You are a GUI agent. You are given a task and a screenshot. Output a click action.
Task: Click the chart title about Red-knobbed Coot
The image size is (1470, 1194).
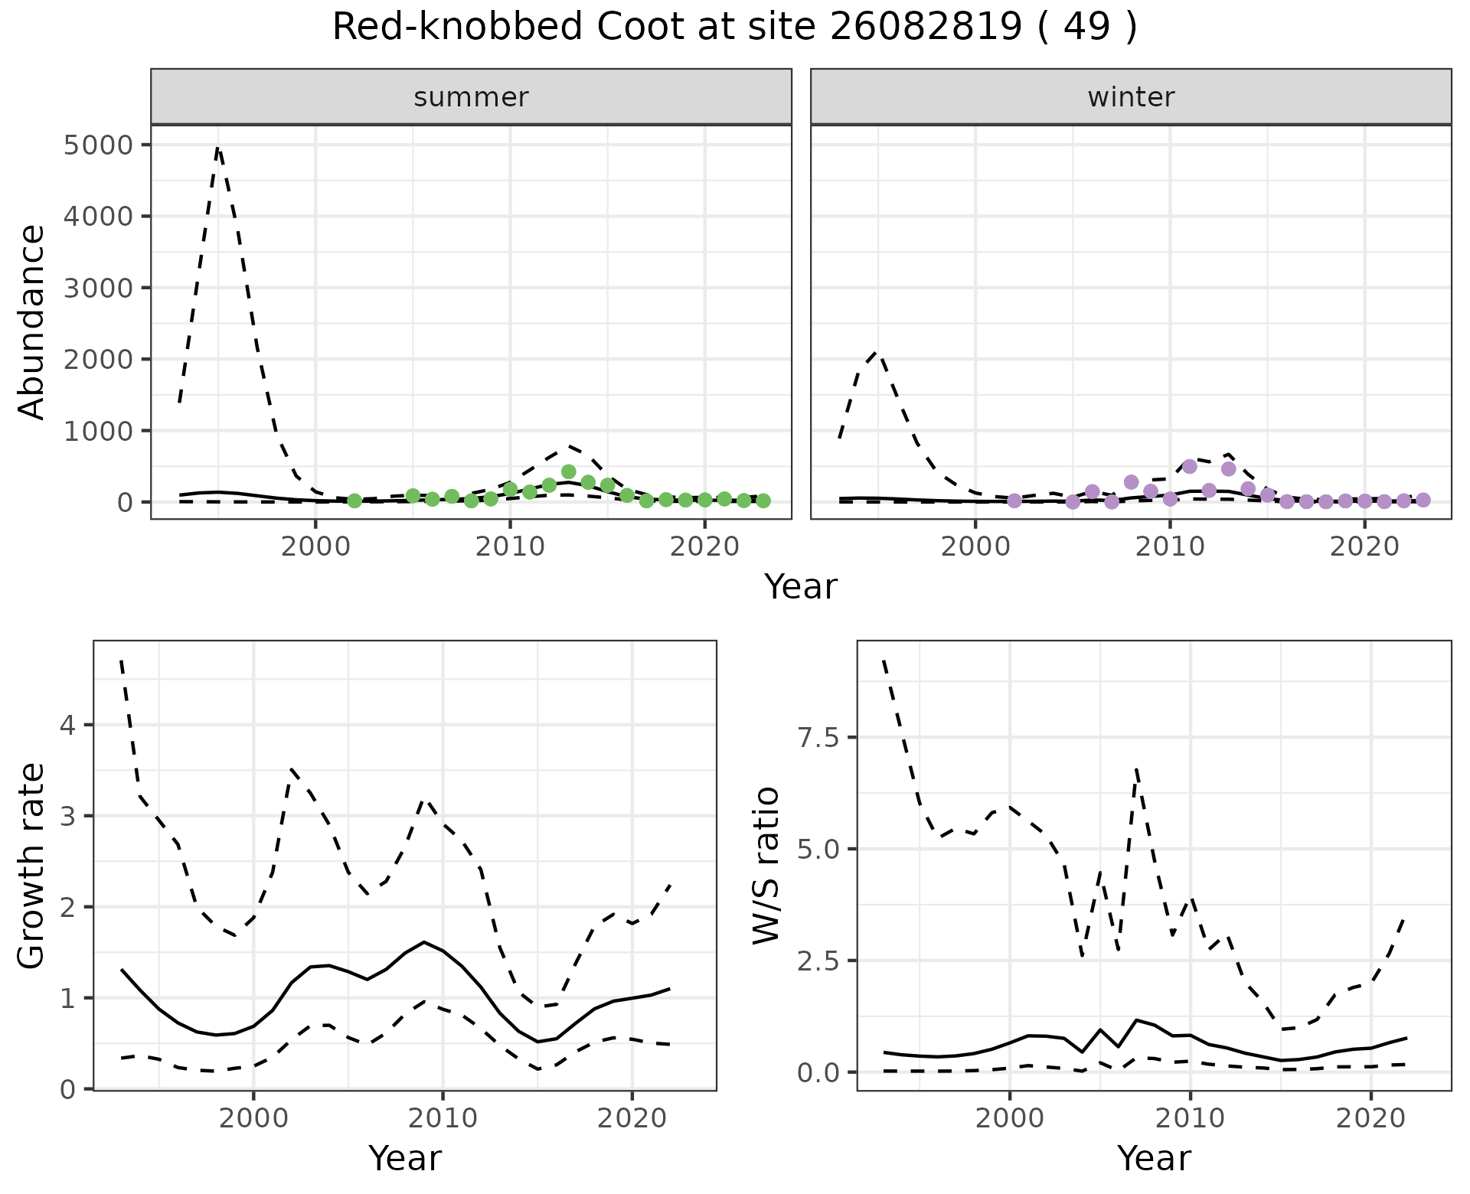tap(734, 28)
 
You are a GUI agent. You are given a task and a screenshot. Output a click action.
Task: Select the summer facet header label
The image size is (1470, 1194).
tap(471, 97)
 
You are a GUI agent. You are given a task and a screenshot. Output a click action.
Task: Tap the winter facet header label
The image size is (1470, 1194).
tap(1131, 97)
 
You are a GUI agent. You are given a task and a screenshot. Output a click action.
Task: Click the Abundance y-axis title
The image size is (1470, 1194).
tap(32, 321)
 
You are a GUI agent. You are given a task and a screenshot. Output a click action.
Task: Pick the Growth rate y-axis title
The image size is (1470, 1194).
tap(32, 866)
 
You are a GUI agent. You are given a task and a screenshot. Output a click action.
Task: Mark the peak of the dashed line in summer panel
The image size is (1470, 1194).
tap(218, 148)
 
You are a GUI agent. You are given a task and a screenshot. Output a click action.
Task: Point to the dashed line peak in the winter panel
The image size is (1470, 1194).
tap(878, 353)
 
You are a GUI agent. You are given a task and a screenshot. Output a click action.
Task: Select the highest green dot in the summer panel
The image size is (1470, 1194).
tap(568, 471)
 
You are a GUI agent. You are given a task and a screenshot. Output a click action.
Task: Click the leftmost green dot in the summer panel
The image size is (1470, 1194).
tap(354, 501)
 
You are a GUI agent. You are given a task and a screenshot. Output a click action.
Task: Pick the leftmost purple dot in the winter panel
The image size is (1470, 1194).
tap(1014, 501)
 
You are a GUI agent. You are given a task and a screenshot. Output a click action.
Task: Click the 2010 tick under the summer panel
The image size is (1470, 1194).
tap(510, 546)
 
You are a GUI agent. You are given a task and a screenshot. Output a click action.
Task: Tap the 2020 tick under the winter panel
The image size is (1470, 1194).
tap(1364, 546)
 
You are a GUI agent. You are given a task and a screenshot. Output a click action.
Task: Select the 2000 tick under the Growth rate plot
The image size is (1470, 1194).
tap(253, 1118)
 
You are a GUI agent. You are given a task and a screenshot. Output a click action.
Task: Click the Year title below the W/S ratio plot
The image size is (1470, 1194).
tap(1154, 1158)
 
